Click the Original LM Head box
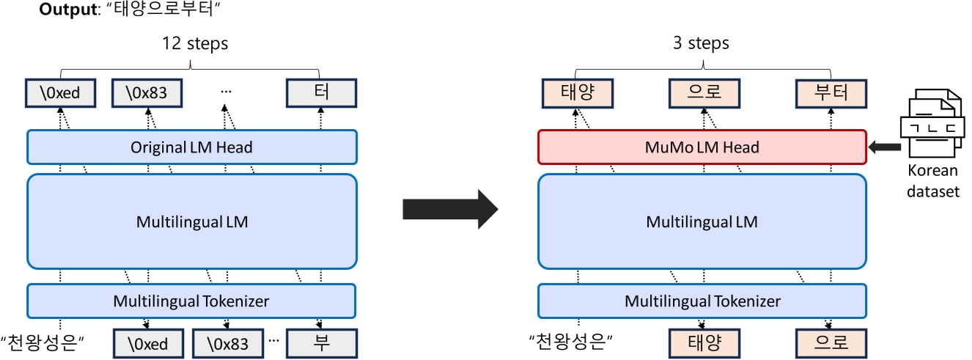tap(191, 147)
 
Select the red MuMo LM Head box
tap(702, 147)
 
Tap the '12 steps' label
tap(195, 43)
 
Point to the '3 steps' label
tap(702, 43)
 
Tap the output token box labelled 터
tap(320, 93)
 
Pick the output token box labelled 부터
tap(831, 93)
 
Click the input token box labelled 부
tap(320, 342)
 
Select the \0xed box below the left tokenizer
tap(147, 342)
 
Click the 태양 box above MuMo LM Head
tap(575, 93)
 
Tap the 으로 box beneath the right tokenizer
tap(831, 342)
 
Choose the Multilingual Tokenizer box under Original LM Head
tap(191, 300)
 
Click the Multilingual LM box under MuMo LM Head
tap(702, 221)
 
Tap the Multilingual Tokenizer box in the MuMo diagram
tap(702, 300)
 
